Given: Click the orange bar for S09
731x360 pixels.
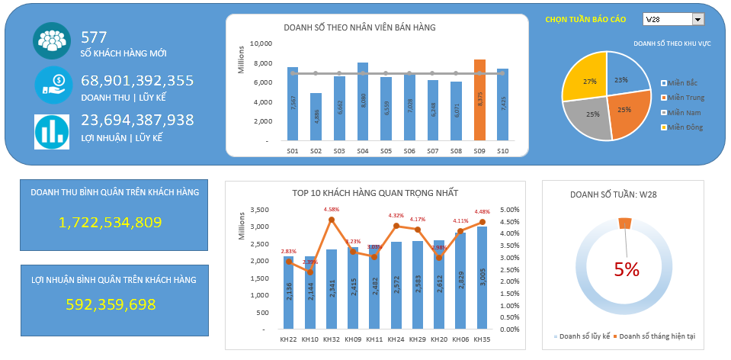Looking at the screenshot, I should coord(479,101).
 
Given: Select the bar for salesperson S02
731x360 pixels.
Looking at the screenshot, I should coord(316,117).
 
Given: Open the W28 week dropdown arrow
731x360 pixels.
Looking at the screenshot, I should coord(698,19).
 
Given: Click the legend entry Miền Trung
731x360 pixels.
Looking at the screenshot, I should coord(686,98).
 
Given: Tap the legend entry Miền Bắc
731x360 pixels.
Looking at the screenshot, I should coord(683,82).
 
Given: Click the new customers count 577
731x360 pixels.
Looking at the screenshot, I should coord(94,37).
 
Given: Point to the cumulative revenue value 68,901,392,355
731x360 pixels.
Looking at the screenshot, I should coord(137,80).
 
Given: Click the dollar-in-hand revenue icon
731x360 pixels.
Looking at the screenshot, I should coord(52,85).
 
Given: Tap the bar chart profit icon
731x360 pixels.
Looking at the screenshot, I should coord(52,131).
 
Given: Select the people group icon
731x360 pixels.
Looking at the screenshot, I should coord(52,41).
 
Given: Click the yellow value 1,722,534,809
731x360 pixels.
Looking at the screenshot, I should coord(110,223).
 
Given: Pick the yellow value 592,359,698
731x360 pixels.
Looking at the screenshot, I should coord(111,305).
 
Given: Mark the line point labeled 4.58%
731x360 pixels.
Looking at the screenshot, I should coord(332,220).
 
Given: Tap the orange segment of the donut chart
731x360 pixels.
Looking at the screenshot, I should coord(625,222).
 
